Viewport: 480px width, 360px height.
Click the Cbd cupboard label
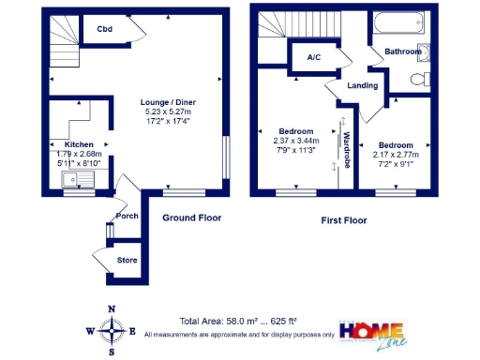click(x=105, y=29)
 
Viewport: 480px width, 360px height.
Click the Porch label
click(x=127, y=217)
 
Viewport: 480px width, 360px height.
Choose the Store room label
click(x=126, y=259)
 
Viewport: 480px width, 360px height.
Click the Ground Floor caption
click(x=192, y=217)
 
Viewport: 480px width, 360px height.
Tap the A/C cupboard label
click(x=314, y=57)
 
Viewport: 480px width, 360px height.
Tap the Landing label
click(x=363, y=86)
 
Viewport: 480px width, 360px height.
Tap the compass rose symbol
click(x=112, y=330)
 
